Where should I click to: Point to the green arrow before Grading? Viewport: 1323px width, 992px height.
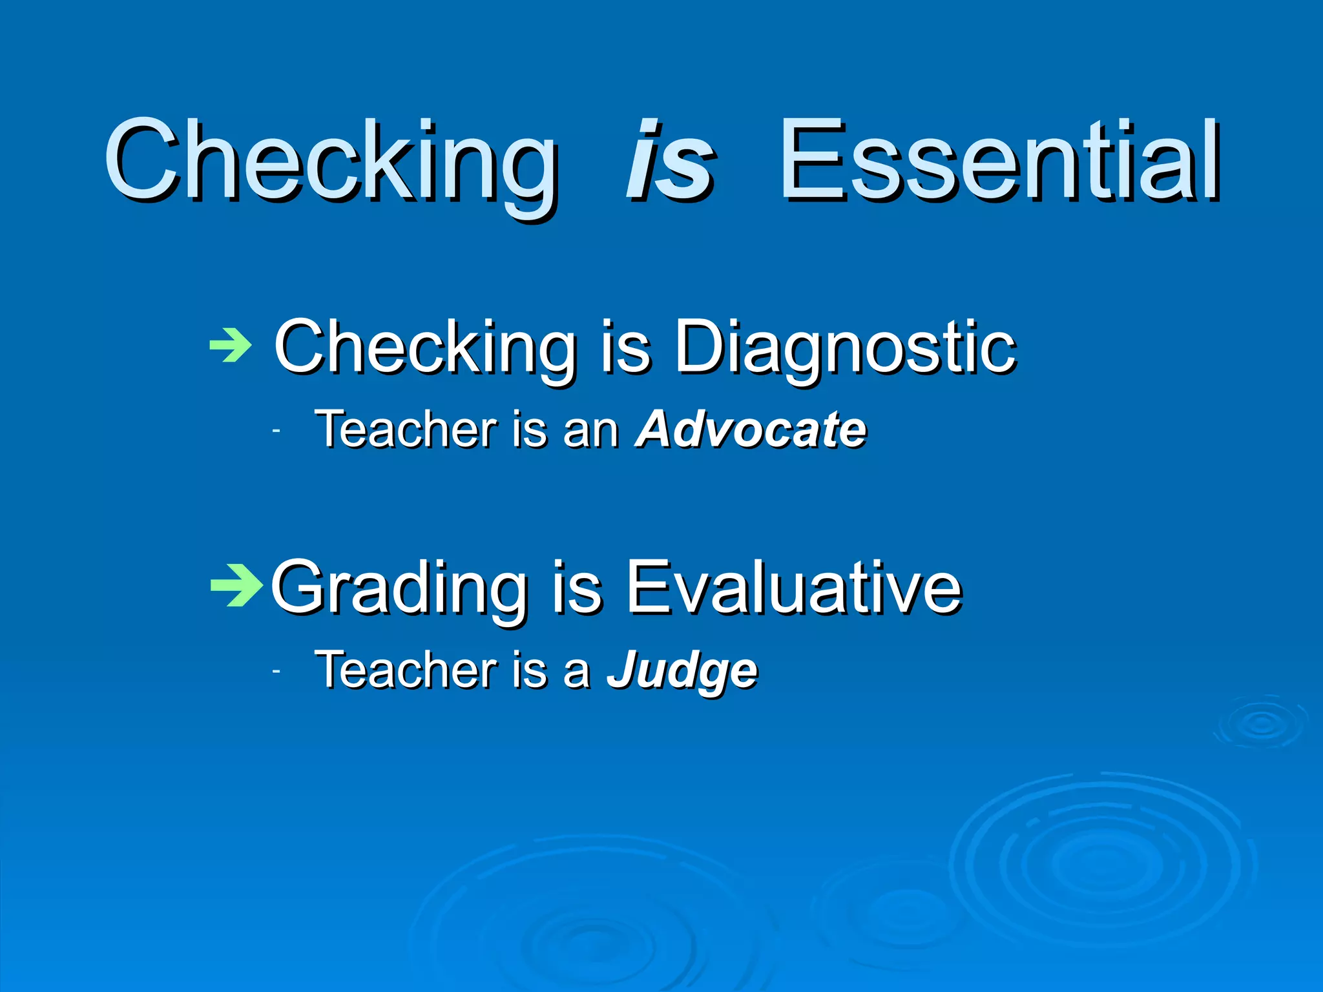[x=236, y=586]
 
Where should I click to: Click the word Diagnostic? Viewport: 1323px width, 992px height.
[x=845, y=349]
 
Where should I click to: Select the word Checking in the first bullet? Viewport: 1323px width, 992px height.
[x=424, y=349]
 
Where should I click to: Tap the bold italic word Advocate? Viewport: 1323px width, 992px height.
[x=751, y=429]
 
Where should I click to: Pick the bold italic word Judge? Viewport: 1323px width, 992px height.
[x=682, y=672]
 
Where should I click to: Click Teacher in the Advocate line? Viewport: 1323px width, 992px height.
[x=406, y=429]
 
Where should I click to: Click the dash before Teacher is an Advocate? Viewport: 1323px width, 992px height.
[x=276, y=431]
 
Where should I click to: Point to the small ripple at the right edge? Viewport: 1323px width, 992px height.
[x=1262, y=723]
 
